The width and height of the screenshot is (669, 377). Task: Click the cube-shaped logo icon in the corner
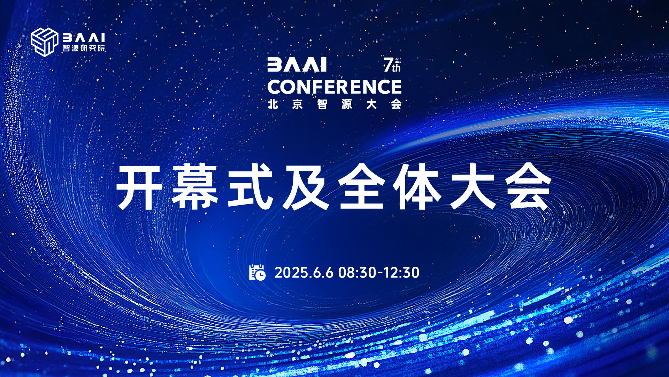[x=44, y=42]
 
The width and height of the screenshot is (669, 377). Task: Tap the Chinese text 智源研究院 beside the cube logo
[x=84, y=48]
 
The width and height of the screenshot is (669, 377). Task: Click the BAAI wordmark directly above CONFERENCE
[x=297, y=65]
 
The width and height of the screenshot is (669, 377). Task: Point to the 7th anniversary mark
[x=392, y=65]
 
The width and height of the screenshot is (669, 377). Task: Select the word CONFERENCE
[x=334, y=87]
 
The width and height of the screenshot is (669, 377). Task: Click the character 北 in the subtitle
[x=273, y=104]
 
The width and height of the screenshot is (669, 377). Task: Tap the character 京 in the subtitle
[x=298, y=104]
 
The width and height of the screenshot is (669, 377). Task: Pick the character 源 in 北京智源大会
[x=347, y=104]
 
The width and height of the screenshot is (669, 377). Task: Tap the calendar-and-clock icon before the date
[x=257, y=272]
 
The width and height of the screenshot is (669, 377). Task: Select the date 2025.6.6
[x=304, y=273]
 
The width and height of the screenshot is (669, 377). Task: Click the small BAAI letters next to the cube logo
[x=84, y=38]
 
